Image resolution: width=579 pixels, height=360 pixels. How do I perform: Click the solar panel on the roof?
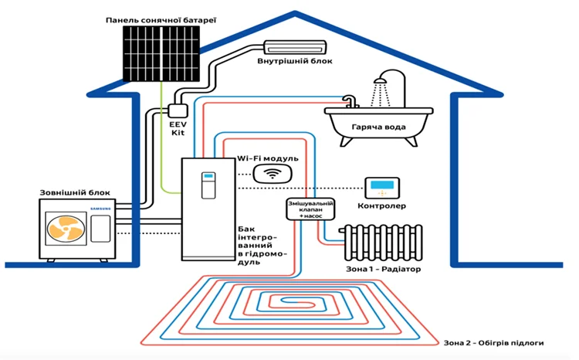(161, 53)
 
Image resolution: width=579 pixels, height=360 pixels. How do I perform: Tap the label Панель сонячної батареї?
(161, 20)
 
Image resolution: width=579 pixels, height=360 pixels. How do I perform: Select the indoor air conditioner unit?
(295, 47)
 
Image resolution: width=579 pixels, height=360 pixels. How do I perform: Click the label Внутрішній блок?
(295, 60)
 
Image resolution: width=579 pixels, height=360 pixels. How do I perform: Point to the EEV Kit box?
(178, 111)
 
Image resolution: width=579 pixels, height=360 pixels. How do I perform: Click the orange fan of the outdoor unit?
(66, 229)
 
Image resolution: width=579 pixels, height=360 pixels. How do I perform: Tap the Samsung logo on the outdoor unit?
(100, 209)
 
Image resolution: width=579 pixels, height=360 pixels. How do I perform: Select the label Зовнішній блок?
(75, 192)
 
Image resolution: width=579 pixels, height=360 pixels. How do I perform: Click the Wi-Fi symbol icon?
(273, 173)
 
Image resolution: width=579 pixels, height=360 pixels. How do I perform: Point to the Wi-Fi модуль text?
(268, 158)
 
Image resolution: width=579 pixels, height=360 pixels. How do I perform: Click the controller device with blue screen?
(382, 188)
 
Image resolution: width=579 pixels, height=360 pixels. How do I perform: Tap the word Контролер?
(382, 205)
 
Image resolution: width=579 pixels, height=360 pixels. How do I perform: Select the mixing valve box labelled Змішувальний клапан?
(310, 209)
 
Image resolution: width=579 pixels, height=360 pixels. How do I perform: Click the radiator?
(381, 243)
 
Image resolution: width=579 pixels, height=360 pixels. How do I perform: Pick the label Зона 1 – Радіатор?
(383, 269)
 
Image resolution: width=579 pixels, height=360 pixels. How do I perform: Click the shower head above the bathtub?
(380, 80)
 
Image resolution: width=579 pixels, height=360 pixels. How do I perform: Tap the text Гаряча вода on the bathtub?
(378, 127)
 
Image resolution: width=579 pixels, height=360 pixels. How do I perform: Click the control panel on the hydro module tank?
(208, 185)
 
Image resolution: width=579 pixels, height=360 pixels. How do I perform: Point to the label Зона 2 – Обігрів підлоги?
(494, 343)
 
